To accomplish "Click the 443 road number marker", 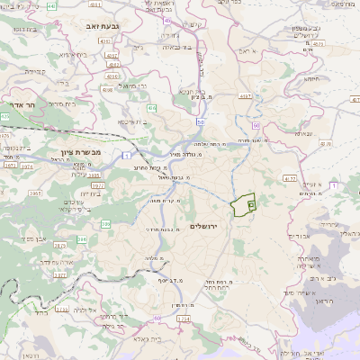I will click(x=51, y=6).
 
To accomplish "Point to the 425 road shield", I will click(x=5, y=117).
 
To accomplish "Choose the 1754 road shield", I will click(x=184, y=318).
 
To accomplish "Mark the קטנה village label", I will click(x=35, y=70).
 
